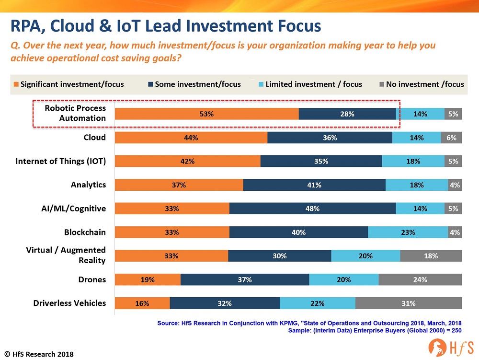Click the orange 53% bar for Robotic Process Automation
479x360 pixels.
207,114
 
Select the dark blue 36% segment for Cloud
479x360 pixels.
330,138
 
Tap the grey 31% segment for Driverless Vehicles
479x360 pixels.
409,303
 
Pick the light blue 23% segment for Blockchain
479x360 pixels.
408,232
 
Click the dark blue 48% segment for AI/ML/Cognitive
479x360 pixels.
312,209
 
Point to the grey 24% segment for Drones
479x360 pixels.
420,279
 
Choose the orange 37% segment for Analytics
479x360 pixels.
179,185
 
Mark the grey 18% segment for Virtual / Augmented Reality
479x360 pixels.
431,256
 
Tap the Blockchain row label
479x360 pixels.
85,232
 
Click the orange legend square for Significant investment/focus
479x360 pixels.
16,84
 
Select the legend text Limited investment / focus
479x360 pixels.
314,84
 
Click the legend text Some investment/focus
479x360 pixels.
198,84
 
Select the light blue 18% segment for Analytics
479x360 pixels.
417,185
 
